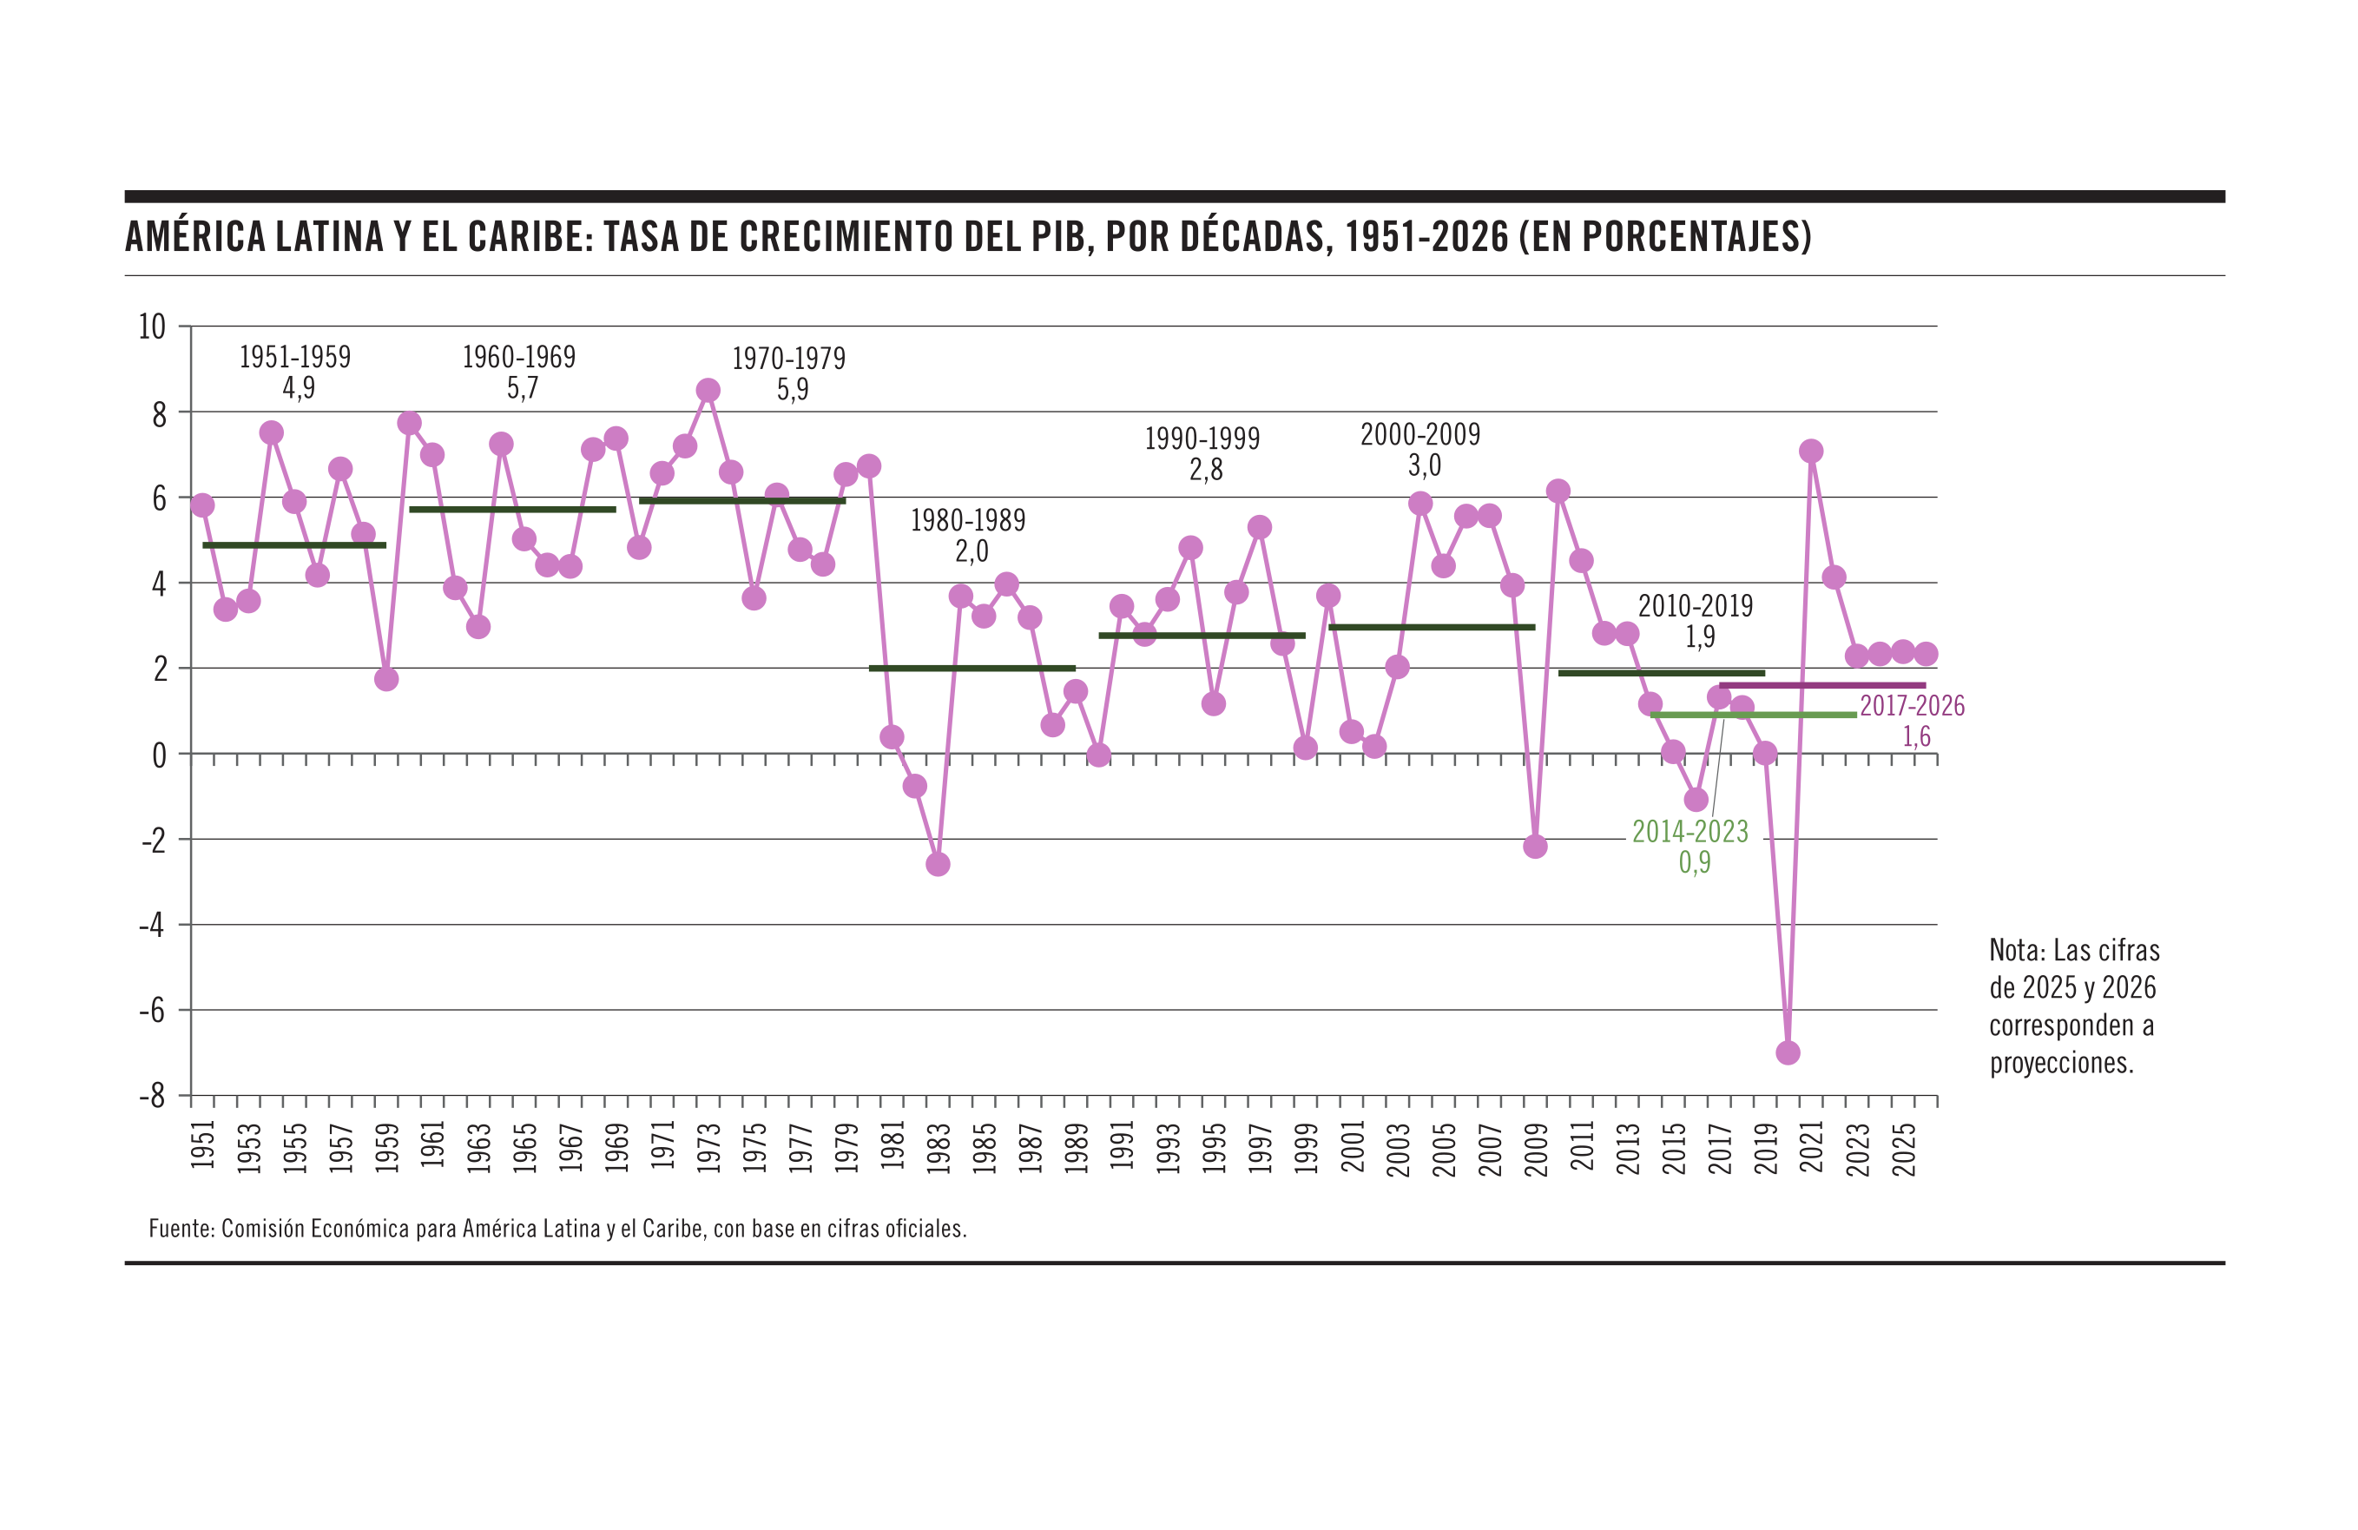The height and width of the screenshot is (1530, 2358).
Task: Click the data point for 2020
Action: coord(1788,1052)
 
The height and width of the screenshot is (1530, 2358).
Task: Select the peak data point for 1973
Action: coord(708,391)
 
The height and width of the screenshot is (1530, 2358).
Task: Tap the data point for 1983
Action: coord(938,864)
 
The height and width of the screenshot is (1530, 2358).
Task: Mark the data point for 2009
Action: coord(1535,847)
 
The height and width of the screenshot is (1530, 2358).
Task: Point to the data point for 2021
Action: coord(1811,452)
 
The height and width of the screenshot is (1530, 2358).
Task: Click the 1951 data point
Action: coord(202,505)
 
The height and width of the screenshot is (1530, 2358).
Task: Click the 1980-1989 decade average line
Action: coord(972,668)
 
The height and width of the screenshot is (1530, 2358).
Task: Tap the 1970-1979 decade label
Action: coord(788,359)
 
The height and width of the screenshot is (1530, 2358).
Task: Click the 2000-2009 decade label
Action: coord(1419,434)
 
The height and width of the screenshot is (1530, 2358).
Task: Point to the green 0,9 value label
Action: coord(1694,862)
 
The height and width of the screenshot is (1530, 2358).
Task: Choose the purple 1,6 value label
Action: coord(1916,736)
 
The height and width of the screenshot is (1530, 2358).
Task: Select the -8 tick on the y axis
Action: coord(152,1096)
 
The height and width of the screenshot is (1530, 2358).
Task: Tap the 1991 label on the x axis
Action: coord(1122,1145)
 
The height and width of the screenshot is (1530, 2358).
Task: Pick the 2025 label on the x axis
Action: coord(1903,1149)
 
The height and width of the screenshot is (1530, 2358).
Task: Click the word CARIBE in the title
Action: coord(526,237)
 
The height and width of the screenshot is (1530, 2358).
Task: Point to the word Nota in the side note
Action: coord(2016,950)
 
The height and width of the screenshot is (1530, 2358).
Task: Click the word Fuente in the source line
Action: coord(180,1229)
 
